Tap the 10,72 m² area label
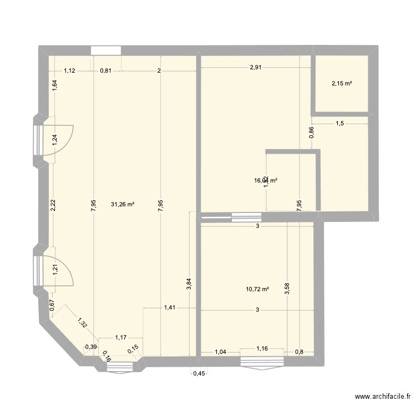pos(257,289)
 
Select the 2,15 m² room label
pos(342,84)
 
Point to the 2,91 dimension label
pos(255,67)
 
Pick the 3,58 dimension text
pos(287,290)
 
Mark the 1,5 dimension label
pos(339,124)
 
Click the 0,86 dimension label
pos(311,132)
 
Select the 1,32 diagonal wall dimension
pos(82,323)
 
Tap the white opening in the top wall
pos(105,50)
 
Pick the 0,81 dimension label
pos(106,70)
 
